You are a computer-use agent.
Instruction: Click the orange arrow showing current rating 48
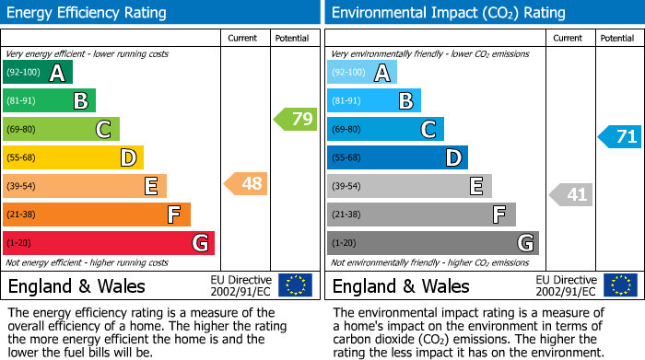click(246, 184)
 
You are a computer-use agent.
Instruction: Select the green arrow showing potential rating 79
click(295, 119)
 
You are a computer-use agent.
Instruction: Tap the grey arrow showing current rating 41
click(571, 194)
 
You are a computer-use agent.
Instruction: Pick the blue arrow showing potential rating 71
click(620, 137)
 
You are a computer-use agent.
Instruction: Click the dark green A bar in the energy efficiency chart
click(37, 73)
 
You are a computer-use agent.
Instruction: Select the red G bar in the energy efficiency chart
click(108, 243)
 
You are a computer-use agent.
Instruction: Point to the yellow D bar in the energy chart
click(73, 158)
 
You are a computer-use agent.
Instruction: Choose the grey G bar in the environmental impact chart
click(432, 243)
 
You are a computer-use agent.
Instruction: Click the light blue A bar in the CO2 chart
click(361, 73)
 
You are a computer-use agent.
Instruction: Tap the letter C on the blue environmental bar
click(428, 130)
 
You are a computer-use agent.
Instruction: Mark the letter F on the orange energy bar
click(173, 215)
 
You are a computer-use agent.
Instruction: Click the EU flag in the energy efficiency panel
click(295, 285)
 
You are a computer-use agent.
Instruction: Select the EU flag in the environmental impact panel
click(620, 285)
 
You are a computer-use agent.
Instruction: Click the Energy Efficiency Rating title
click(88, 13)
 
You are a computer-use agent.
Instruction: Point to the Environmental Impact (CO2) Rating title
click(448, 13)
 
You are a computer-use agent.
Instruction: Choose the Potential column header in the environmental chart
click(616, 38)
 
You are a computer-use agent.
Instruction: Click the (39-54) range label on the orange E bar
click(21, 187)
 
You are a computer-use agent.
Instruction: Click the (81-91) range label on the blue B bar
click(346, 101)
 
